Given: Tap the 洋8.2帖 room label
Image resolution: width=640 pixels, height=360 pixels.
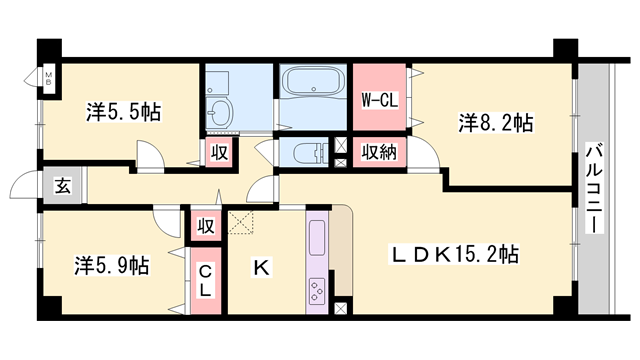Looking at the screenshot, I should pos(496,123).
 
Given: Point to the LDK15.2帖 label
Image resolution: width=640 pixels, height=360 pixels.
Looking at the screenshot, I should pos(453,254).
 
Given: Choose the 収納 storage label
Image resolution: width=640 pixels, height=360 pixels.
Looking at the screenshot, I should pos(379,153).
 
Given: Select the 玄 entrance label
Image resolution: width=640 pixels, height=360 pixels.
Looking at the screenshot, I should pos(63,186).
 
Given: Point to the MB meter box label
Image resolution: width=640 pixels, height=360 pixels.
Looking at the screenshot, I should pos(47,77).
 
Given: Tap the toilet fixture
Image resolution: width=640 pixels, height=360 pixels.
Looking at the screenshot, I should pos(308,152).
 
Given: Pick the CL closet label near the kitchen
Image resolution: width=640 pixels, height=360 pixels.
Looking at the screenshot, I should pos(204,280).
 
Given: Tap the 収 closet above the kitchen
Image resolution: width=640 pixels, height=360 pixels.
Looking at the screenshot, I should pos(207,225).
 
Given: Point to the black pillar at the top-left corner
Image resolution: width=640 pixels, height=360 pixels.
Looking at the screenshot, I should pos(48,51).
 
